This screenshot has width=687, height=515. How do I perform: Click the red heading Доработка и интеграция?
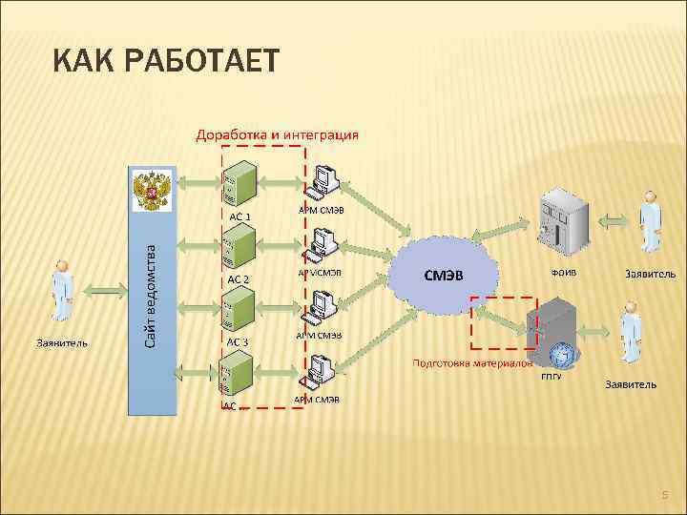277,134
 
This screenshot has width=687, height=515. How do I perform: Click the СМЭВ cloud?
444,275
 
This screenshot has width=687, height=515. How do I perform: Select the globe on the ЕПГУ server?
564,356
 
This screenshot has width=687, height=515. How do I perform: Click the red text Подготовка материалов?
471,363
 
